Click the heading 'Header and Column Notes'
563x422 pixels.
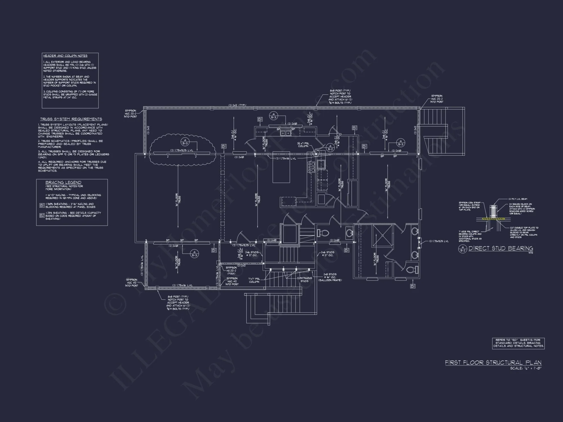tap(65, 56)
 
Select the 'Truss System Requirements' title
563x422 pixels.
tap(71, 119)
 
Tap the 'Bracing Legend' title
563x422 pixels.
tap(63, 182)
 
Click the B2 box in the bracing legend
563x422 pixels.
tap(42, 215)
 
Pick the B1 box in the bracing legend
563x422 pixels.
tap(42, 206)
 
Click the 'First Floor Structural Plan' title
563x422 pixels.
tap(493, 362)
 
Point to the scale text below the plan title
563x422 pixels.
tap(526, 368)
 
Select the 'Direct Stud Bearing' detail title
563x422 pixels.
tap(501, 248)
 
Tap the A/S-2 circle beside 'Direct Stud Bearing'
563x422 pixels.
tap(463, 249)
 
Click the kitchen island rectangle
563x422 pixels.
tap(281, 167)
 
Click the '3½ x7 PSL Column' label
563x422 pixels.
tap(303, 145)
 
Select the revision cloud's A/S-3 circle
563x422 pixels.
tap(185, 142)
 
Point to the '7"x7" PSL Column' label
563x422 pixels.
tap(254, 280)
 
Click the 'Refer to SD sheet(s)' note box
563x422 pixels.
tap(518, 343)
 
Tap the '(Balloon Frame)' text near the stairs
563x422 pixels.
tap(330, 280)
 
